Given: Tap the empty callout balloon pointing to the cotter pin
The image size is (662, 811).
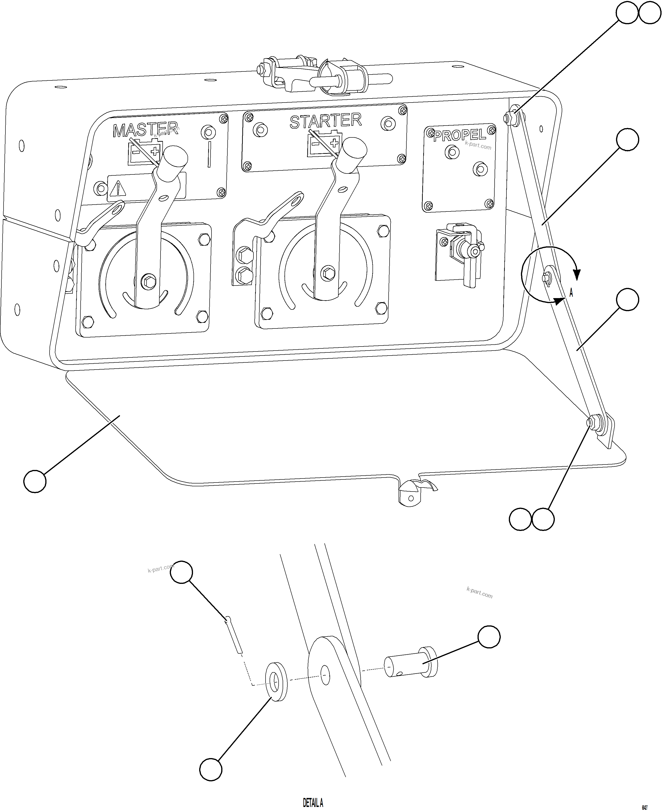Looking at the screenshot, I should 181,572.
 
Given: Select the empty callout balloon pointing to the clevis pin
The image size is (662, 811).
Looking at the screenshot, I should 489,637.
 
